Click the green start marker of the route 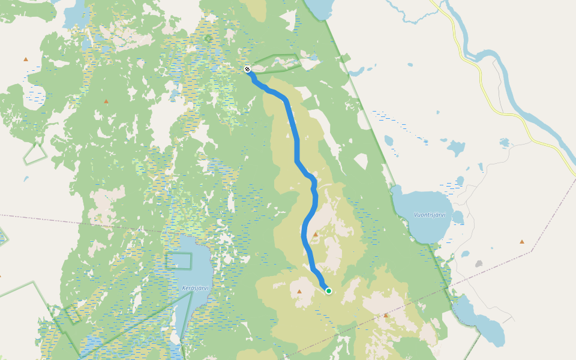328,291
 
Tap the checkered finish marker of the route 247,70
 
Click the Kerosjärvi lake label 195,288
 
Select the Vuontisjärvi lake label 430,215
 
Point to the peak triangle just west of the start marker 299,292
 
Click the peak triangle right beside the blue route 316,234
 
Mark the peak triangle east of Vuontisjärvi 521,241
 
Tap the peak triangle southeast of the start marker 386,315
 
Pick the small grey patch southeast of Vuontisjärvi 478,263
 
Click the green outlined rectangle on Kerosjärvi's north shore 179,261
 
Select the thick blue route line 296,144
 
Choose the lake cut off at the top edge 318,7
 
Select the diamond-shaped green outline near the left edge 35,154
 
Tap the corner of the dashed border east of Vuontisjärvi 531,252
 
